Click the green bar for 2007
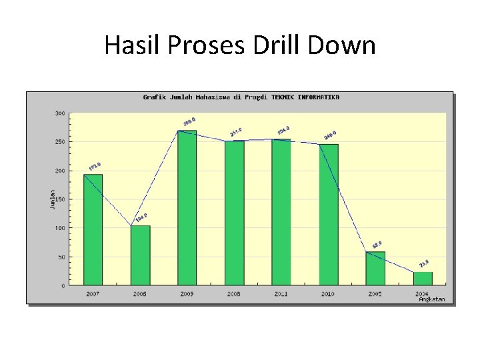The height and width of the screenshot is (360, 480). (x=93, y=229)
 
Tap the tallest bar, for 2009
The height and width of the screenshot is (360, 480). (x=187, y=207)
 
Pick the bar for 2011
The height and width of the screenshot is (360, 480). (x=281, y=212)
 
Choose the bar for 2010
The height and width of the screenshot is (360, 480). (x=329, y=215)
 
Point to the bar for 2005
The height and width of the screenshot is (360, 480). (x=375, y=268)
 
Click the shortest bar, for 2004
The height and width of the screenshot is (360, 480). (x=423, y=278)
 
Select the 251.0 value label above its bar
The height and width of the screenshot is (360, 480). (x=236, y=132)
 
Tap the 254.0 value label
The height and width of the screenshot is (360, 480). (x=283, y=130)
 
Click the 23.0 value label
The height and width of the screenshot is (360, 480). (x=424, y=264)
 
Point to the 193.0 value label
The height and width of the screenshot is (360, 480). (x=95, y=165)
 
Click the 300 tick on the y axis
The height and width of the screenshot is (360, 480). (x=60, y=113)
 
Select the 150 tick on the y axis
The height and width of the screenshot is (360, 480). (x=60, y=199)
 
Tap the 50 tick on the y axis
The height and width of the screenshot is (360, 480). (x=61, y=257)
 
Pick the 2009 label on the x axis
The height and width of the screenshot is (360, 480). (x=187, y=294)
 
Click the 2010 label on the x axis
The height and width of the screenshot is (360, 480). (x=328, y=294)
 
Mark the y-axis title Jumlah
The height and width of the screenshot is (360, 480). (x=53, y=199)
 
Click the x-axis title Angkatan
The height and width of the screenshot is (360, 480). (x=432, y=299)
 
